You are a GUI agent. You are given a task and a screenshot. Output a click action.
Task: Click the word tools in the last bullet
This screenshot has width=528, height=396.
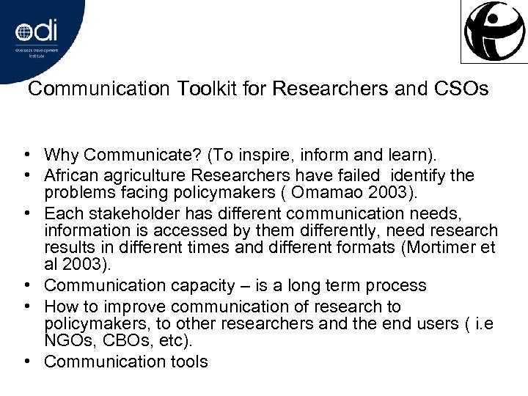[x=188, y=362]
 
